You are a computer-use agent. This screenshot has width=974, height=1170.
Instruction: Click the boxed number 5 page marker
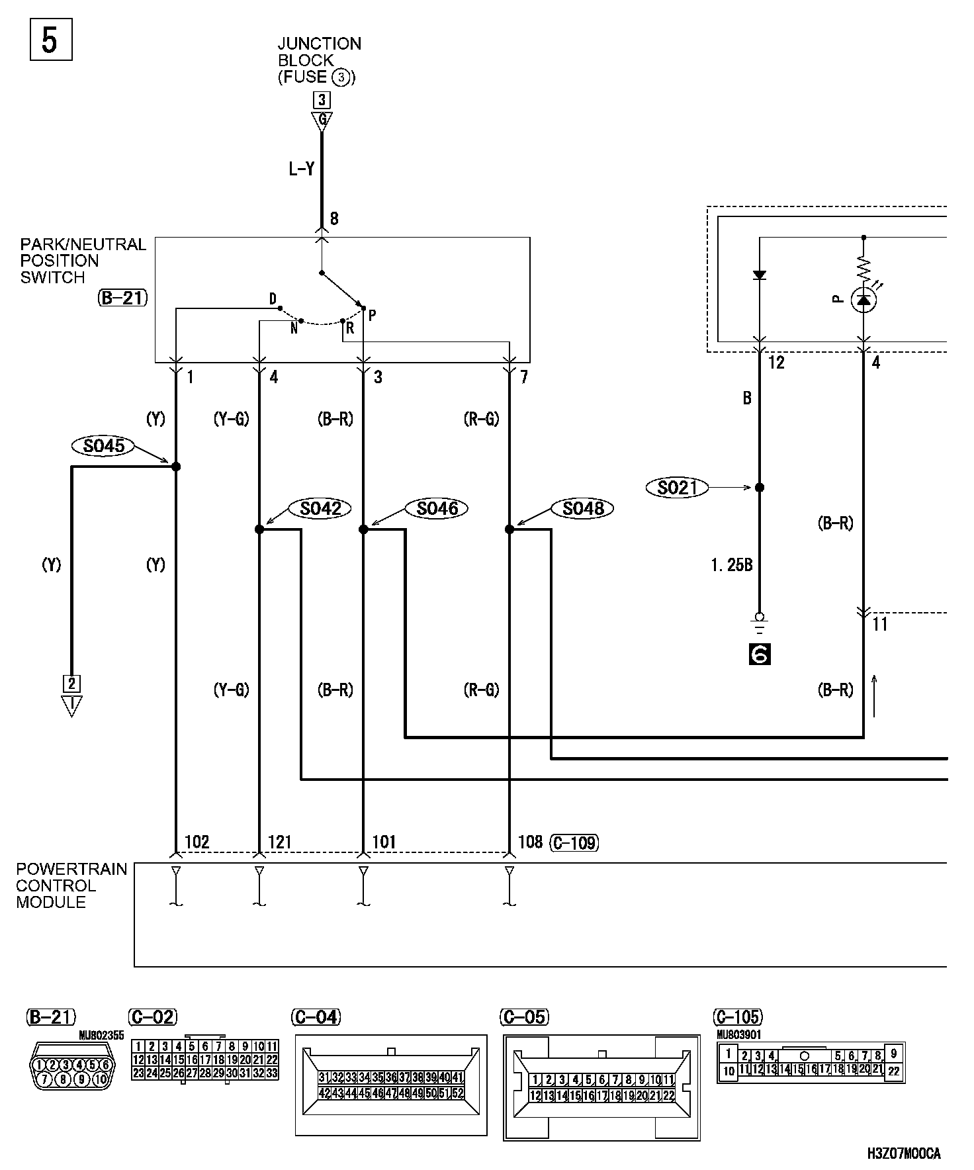click(x=50, y=40)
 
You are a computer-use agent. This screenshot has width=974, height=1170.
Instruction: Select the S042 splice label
click(x=320, y=508)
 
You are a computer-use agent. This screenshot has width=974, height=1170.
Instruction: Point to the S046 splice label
click(x=437, y=508)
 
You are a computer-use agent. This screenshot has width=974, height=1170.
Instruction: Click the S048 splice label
click(x=583, y=508)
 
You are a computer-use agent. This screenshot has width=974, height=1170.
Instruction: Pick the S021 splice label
click(x=678, y=488)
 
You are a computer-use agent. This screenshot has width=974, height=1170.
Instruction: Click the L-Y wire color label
click(x=301, y=169)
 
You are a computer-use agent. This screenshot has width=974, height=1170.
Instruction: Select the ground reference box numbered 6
click(x=760, y=654)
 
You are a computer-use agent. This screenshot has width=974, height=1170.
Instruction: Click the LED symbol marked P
click(x=863, y=300)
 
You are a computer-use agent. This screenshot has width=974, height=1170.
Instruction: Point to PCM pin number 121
click(x=279, y=842)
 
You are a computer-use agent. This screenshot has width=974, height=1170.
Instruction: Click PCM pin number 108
click(x=529, y=842)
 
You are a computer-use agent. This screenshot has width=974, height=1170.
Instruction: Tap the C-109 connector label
click(x=574, y=842)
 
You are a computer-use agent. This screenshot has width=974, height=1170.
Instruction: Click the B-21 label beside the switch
click(x=122, y=298)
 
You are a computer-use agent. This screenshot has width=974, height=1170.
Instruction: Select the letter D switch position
click(x=273, y=300)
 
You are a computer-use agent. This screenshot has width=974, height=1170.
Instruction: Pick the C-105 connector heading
click(x=738, y=1017)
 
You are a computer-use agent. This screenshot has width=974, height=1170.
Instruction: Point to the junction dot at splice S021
click(x=760, y=488)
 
